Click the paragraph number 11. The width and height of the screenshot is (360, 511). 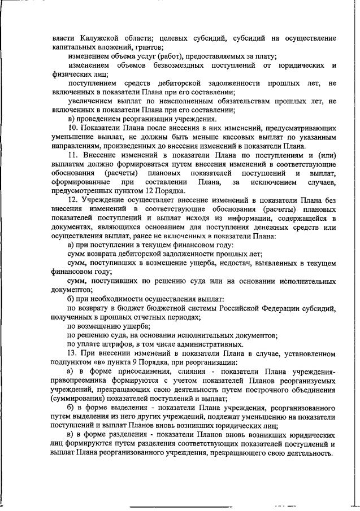72,155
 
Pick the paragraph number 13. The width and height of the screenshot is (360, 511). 72,353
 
